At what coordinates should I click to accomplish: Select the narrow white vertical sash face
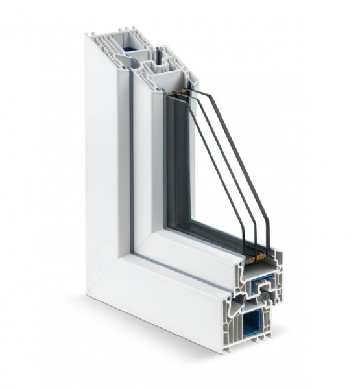143,162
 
